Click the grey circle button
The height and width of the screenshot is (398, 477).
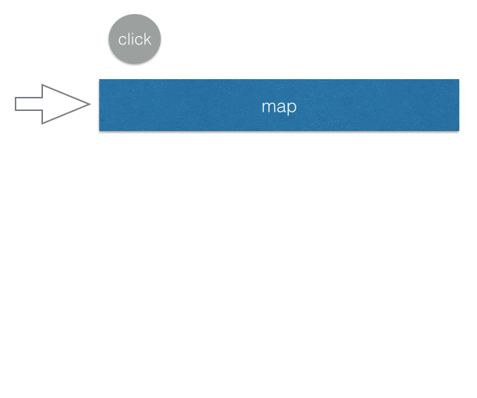coord(135,39)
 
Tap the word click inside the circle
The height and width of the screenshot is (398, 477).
coord(135,39)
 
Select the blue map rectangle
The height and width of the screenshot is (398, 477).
coord(279,105)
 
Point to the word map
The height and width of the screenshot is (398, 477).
coord(279,107)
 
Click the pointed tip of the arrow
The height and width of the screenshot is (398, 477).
coord(90,104)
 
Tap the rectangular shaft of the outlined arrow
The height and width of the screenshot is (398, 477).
coord(29,104)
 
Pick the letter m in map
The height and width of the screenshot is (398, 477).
coord(268,107)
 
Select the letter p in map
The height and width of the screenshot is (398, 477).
coord(292,108)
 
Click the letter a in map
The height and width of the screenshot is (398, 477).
coord(281,107)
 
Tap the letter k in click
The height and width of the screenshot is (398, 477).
coord(147,39)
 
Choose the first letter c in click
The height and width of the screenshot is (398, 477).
coord(122,41)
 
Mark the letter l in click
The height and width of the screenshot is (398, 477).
coord(128,39)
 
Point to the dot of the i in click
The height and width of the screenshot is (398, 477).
coord(132,34)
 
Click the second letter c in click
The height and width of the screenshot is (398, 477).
coord(138,41)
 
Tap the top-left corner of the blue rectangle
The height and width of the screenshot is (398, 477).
coord(99,79)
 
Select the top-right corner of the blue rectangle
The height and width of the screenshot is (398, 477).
coord(459,79)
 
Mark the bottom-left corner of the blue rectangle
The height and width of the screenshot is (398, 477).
coord(99,131)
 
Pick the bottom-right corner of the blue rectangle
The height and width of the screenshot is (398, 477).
coord(459,131)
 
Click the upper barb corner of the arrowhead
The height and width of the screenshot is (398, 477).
coord(42,84)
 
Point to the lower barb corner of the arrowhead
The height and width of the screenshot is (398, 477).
coord(42,124)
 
